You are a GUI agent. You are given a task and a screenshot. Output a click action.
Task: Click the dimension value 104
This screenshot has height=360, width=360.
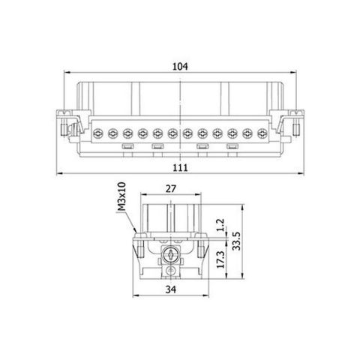[179, 67]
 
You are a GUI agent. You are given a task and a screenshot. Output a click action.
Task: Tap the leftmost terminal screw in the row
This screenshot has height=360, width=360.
[97, 133]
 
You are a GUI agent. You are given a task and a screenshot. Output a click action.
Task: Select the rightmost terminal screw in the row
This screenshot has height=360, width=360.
[262, 133]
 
